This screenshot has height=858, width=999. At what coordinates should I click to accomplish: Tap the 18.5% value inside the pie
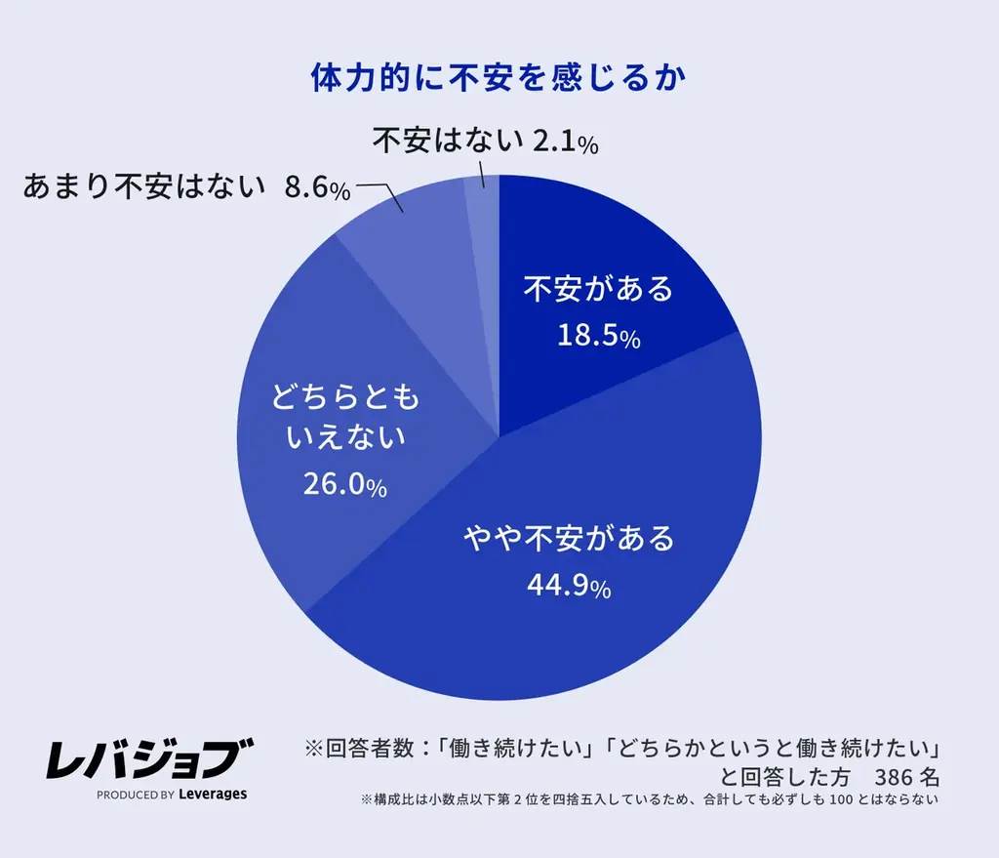pos(598,337)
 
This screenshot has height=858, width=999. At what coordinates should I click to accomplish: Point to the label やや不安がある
pos(569,538)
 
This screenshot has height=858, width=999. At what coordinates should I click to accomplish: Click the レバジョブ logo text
pos(149,757)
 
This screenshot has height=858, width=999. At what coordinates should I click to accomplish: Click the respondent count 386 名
pos(907,777)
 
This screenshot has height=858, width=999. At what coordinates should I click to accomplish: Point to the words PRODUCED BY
pos(136,795)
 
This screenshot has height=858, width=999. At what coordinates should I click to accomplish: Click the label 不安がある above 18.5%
pos(598,289)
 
